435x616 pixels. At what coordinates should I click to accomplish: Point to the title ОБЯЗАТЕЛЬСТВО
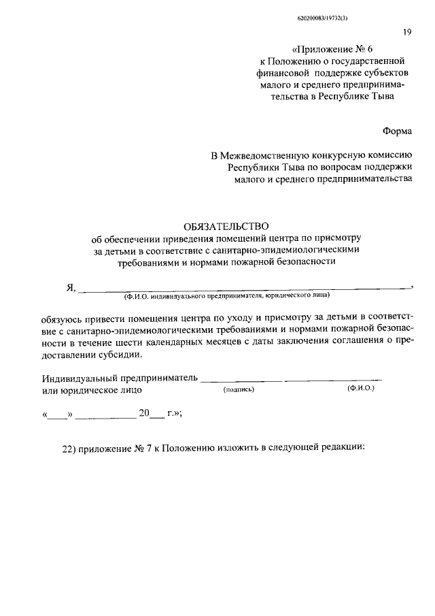click(228, 225)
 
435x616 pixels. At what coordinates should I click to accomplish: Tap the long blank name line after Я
click(245, 289)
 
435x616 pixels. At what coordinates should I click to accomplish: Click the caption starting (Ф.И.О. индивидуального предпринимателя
click(226, 296)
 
